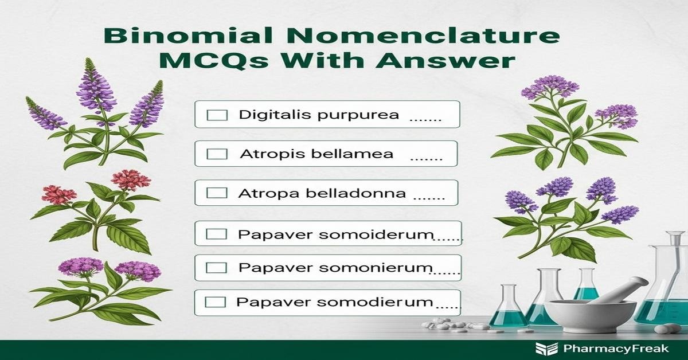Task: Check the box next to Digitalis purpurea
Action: [x=217, y=115]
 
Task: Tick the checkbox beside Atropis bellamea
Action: [x=217, y=154]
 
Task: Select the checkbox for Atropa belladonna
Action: [x=217, y=193]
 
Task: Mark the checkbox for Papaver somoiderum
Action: [x=216, y=234]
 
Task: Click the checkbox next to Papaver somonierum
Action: [x=216, y=268]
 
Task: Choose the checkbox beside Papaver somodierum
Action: [x=216, y=302]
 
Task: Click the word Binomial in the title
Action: [x=188, y=36]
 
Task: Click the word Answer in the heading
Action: [x=445, y=60]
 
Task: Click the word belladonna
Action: [x=356, y=193]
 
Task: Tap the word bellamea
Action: [x=352, y=154]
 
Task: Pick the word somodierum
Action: [x=374, y=302]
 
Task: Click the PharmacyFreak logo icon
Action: [x=547, y=349]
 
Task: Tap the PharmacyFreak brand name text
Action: [x=616, y=349]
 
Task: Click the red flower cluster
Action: [x=131, y=179]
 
